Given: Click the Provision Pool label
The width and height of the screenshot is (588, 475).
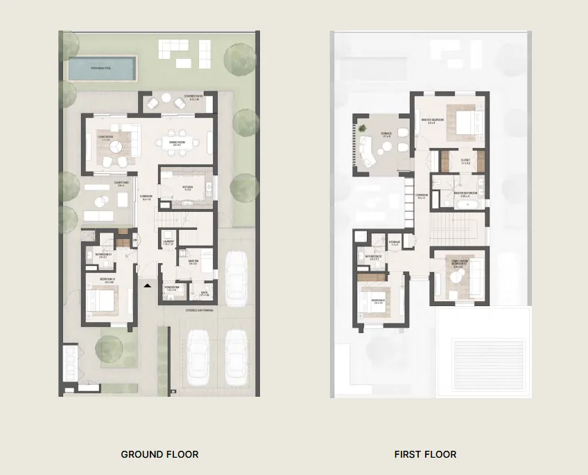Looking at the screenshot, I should click(x=103, y=67).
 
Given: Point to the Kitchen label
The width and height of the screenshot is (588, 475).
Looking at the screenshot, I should click(x=188, y=187).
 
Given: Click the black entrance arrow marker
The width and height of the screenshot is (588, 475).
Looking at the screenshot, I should click(x=146, y=284).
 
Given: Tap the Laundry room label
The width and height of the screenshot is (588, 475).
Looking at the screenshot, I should click(x=168, y=242).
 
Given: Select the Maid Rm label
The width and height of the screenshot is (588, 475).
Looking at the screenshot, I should click(x=192, y=262).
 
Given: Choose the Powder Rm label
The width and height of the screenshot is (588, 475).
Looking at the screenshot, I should click(x=172, y=288).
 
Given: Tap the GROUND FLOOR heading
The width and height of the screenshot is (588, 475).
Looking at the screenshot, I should click(x=159, y=454).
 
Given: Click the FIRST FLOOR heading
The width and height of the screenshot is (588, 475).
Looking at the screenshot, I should click(x=425, y=454).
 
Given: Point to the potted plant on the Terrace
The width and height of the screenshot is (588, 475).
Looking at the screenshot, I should click(x=362, y=127).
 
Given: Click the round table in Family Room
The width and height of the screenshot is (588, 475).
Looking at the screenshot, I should click(x=456, y=277).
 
